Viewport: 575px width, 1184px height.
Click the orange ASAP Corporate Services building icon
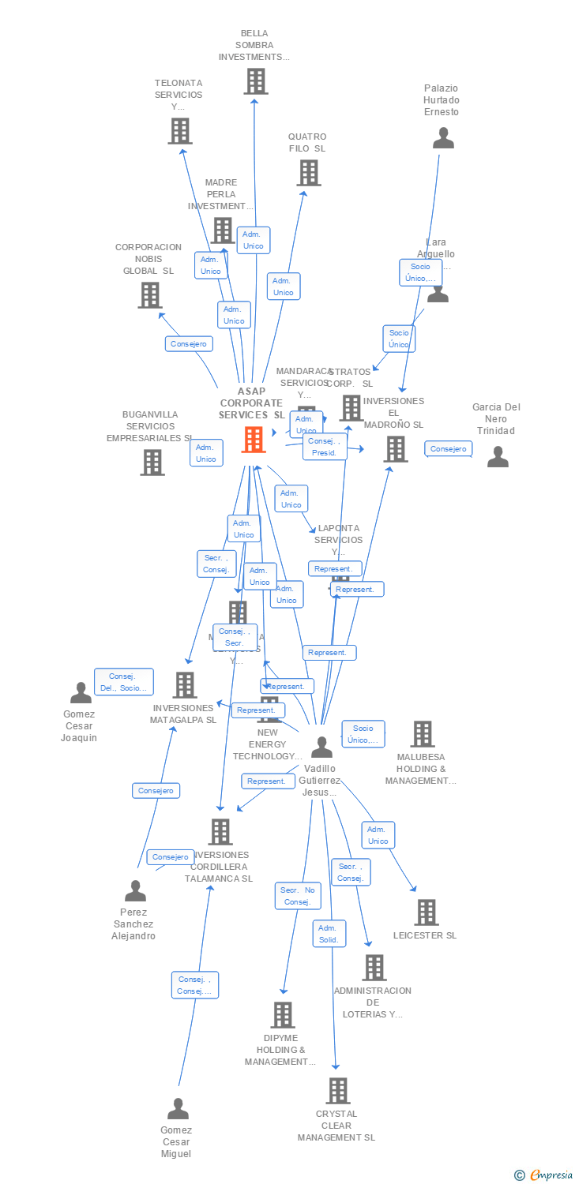[254, 440]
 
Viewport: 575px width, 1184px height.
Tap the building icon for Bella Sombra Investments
[255, 81]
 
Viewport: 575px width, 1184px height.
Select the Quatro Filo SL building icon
[308, 173]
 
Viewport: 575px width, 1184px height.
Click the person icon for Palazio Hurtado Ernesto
[443, 138]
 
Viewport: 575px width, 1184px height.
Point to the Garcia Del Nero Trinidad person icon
[498, 457]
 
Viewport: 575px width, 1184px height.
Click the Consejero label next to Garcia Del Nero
[448, 449]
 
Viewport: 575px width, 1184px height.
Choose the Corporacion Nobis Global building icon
[149, 295]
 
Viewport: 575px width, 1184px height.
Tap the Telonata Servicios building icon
[180, 131]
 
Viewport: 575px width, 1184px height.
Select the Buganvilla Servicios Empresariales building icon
[152, 463]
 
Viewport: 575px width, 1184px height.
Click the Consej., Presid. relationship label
[325, 447]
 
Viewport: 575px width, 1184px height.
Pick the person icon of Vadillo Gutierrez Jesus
[321, 747]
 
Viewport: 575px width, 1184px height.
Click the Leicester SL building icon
[427, 912]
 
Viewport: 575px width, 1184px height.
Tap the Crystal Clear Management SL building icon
[338, 1091]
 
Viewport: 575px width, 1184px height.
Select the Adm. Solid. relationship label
[329, 934]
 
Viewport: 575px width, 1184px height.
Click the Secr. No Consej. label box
[298, 896]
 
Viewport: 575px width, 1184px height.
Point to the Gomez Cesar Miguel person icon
[178, 1109]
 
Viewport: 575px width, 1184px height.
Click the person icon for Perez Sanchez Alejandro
[135, 891]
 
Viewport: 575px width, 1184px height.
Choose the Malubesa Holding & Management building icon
[423, 734]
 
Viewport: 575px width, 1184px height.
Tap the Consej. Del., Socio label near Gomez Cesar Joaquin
[123, 682]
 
